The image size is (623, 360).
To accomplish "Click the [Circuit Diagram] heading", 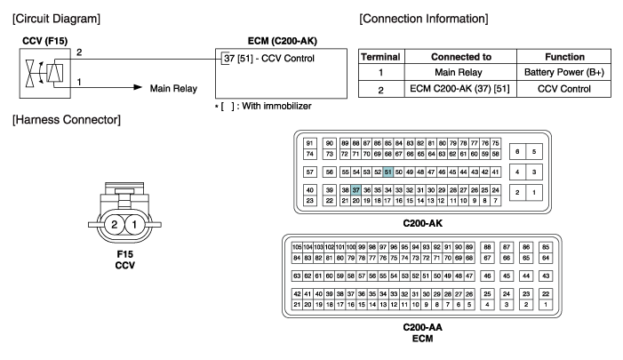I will click(52, 18).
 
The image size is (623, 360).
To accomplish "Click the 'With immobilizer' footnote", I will click(258, 106).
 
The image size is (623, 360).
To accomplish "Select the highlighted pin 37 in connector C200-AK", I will click(355, 189).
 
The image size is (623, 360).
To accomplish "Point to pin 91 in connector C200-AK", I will click(310, 143).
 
